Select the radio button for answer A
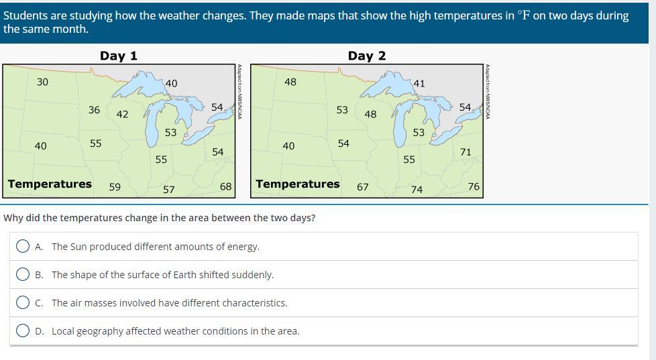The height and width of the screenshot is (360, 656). pyautogui.click(x=23, y=246)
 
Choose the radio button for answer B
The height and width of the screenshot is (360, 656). pyautogui.click(x=23, y=274)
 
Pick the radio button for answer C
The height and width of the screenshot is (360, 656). pyautogui.click(x=23, y=302)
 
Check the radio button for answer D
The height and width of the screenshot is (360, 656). pyautogui.click(x=23, y=331)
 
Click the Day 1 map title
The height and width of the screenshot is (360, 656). pyautogui.click(x=119, y=56)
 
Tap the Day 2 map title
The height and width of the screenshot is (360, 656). pyautogui.click(x=366, y=56)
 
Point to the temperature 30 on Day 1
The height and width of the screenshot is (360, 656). pyautogui.click(x=42, y=82)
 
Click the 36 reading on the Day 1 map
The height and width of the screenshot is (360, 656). pyautogui.click(x=94, y=110)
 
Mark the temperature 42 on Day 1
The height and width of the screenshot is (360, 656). pyautogui.click(x=122, y=114)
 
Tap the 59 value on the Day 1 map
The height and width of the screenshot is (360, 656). pyautogui.click(x=115, y=187)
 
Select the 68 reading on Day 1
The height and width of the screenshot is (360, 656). pyautogui.click(x=225, y=186)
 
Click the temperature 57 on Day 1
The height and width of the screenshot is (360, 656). pyautogui.click(x=168, y=190)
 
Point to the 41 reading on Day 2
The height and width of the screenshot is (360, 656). pyautogui.click(x=419, y=84)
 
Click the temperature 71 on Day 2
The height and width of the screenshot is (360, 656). pyautogui.click(x=466, y=152)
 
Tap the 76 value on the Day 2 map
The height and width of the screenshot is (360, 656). pyautogui.click(x=474, y=186)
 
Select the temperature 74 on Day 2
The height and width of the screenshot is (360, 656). pyautogui.click(x=417, y=190)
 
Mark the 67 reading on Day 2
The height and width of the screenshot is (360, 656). pyautogui.click(x=363, y=187)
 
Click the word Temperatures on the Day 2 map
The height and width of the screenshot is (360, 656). pyautogui.click(x=298, y=184)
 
